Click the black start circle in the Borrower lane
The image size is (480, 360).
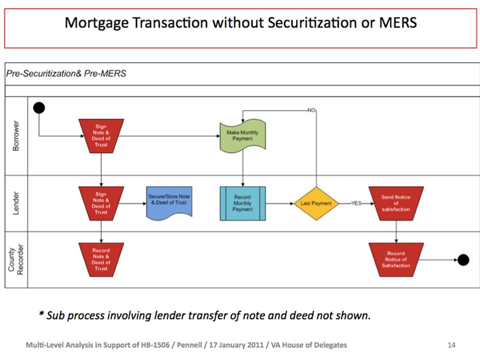(x=39, y=108)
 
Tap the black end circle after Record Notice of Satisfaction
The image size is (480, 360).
(x=463, y=260)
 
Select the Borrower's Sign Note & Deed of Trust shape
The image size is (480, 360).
(x=101, y=136)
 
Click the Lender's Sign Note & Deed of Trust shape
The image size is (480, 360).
(x=101, y=203)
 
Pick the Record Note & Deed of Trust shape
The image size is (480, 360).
(x=101, y=260)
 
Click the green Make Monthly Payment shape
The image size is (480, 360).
(x=243, y=135)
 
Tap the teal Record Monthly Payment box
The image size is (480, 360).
(x=243, y=203)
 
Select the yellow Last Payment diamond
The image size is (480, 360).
(x=316, y=203)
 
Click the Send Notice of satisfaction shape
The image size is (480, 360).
(x=396, y=203)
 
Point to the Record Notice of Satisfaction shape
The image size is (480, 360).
(x=396, y=260)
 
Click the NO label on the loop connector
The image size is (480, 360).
(x=311, y=110)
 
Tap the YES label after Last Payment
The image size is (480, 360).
(x=356, y=203)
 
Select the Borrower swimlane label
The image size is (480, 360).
(x=16, y=135)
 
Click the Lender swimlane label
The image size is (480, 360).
(x=16, y=203)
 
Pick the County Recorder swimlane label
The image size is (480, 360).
(x=16, y=259)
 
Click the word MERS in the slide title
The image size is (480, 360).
(x=398, y=22)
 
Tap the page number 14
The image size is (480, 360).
(x=451, y=345)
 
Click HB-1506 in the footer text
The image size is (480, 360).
(x=155, y=345)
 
